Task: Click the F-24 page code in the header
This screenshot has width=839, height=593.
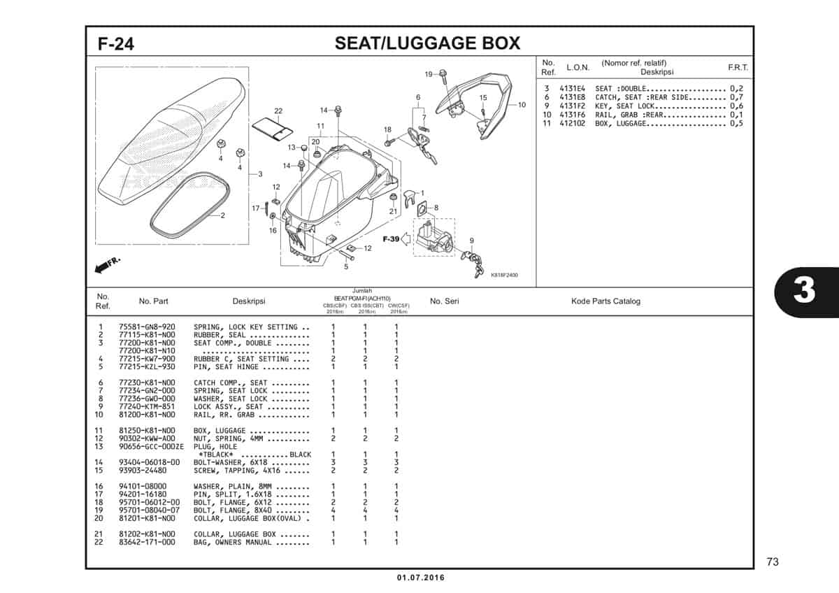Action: click(x=116, y=44)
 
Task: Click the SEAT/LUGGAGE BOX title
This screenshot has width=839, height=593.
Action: click(x=427, y=43)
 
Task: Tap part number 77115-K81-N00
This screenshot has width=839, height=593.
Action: click(x=147, y=335)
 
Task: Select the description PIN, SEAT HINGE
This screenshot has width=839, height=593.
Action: click(x=226, y=367)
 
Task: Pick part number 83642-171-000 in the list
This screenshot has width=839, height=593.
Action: click(x=147, y=543)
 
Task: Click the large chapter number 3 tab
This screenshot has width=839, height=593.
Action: click(x=804, y=290)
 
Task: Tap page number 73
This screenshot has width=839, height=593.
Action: click(x=772, y=562)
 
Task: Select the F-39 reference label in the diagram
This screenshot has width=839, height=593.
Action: click(x=391, y=239)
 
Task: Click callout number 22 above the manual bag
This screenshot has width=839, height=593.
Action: click(x=278, y=111)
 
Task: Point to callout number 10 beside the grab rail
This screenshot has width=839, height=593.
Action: click(x=522, y=105)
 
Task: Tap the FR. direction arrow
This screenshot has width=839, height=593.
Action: click(x=106, y=265)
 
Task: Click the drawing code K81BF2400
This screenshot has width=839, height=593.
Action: click(x=504, y=276)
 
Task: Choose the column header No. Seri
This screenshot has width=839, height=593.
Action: click(x=444, y=301)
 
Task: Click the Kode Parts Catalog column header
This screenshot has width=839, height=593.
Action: click(x=605, y=301)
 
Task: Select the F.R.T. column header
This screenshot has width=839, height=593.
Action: click(x=738, y=67)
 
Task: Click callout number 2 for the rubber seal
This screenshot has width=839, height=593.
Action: click(x=223, y=215)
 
